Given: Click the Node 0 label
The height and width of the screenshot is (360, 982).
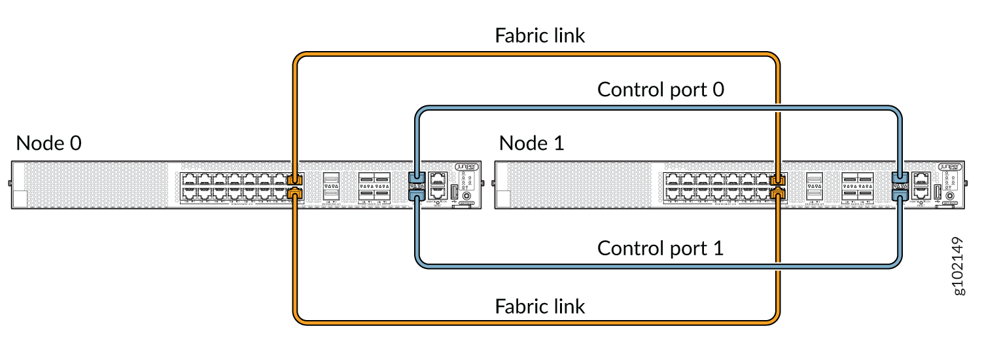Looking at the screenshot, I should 49,143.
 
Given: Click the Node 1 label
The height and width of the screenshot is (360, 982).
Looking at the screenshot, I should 532,143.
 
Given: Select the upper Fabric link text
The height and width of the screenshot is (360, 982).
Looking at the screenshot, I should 540,35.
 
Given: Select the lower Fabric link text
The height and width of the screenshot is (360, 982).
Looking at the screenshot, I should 540,306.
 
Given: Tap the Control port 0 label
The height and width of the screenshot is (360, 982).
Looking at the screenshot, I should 661,90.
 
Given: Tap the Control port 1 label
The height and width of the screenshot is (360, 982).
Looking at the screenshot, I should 661,249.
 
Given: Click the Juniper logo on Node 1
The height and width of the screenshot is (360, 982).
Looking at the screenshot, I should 949,166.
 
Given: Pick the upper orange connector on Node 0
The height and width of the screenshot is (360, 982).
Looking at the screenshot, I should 295,179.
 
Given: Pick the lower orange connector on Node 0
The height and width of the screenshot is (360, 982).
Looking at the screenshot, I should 295,192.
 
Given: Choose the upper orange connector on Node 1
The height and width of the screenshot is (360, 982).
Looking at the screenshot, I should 779,179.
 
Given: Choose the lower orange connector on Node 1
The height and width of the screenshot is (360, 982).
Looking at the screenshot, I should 779,192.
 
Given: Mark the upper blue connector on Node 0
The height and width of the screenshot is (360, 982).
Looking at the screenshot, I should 417,178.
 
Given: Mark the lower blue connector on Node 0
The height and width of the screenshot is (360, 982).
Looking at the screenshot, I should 417,192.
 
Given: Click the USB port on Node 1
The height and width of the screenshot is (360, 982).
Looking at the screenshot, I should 937,192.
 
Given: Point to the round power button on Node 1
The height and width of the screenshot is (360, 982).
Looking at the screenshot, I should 950,195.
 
